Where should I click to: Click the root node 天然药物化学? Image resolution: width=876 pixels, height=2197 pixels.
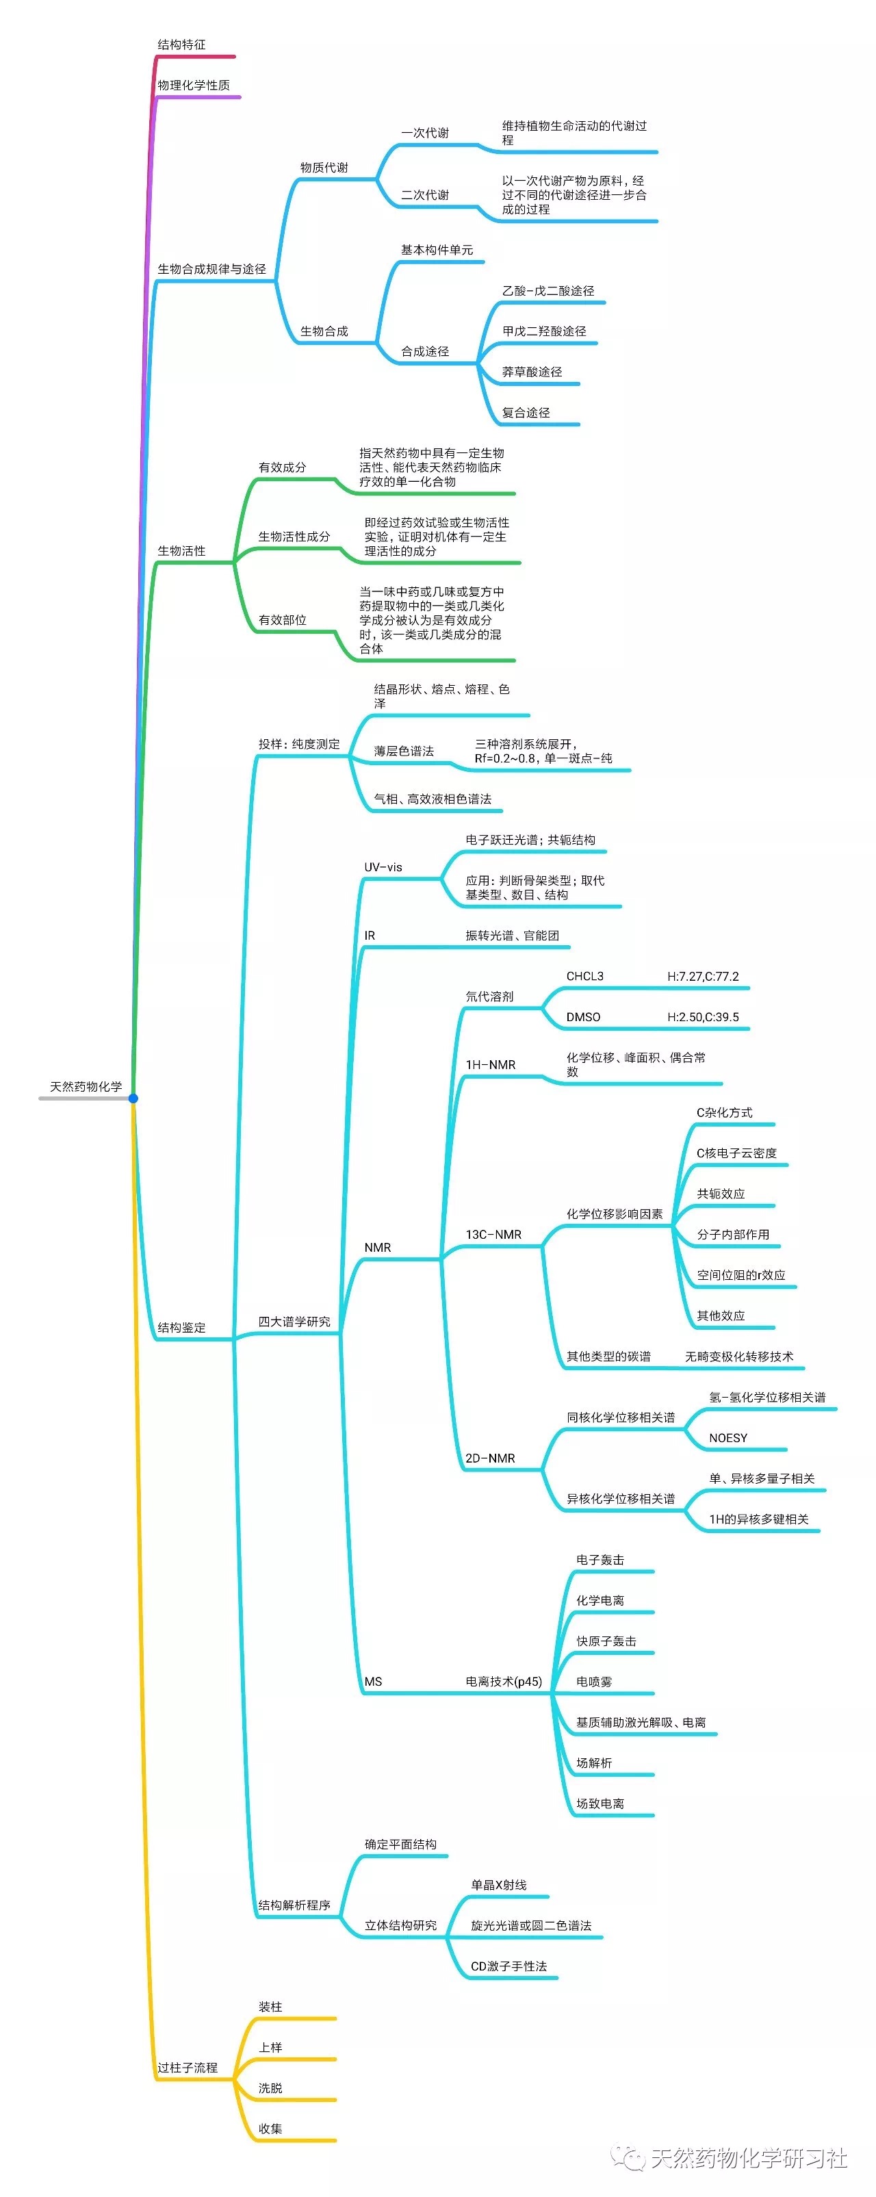(x=86, y=1087)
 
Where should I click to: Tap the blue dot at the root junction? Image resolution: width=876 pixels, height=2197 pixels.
(x=133, y=1098)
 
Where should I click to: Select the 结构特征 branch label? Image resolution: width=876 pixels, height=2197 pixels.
(x=181, y=44)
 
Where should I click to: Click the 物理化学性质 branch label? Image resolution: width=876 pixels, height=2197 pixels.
(x=194, y=86)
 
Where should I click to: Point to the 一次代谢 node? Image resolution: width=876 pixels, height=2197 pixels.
(x=425, y=133)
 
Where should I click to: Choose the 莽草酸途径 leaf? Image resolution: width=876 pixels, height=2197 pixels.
(x=531, y=372)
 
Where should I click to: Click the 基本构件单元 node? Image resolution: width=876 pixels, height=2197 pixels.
(x=437, y=250)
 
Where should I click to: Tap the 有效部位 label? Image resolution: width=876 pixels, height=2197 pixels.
(x=283, y=620)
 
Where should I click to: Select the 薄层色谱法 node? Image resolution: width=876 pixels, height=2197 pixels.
(x=404, y=751)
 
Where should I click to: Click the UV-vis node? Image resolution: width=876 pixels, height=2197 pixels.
(x=383, y=867)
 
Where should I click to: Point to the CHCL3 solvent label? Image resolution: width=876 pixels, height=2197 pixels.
(x=584, y=977)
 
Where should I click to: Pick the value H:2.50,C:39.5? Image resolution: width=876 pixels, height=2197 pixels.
(x=703, y=1018)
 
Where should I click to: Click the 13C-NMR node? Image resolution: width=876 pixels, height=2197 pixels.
(x=493, y=1235)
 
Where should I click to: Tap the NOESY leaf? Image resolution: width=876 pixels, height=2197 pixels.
(x=727, y=1438)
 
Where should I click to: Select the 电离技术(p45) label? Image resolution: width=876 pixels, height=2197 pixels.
(x=503, y=1682)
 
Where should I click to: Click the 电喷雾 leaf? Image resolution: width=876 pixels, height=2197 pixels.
(x=593, y=1682)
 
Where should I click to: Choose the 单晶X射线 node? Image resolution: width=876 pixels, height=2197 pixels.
(x=498, y=1885)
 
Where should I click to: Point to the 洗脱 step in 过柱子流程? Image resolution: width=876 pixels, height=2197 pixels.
(x=270, y=2087)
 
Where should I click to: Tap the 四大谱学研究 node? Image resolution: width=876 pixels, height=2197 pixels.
(x=294, y=1322)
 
